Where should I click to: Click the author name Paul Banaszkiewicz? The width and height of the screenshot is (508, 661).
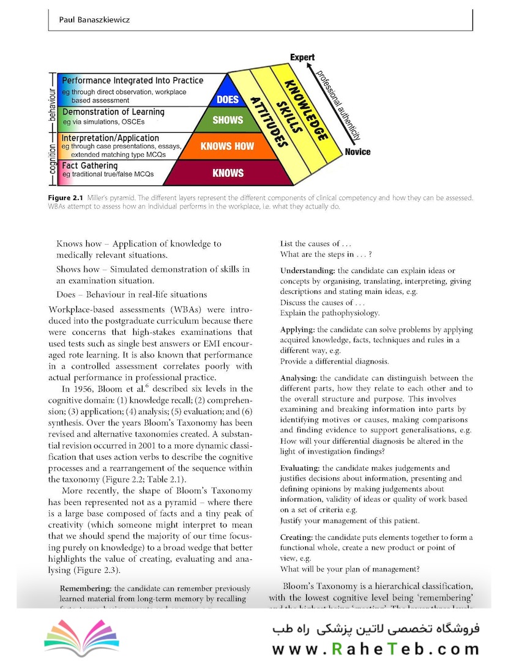(x=94, y=20)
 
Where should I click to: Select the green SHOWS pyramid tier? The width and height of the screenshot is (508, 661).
(x=228, y=120)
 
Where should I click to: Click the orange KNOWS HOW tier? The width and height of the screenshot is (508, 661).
(x=228, y=146)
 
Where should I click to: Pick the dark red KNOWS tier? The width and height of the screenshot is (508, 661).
(x=228, y=173)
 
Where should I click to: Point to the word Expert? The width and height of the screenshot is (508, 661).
(x=302, y=58)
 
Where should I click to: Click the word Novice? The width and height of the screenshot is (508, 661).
(x=357, y=152)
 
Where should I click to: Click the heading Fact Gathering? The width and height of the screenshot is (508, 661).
(x=89, y=166)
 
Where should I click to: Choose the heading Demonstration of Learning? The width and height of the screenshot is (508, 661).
(x=113, y=112)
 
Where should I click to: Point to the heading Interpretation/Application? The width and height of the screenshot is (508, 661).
(x=110, y=138)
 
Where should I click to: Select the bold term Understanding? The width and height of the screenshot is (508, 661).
(x=307, y=271)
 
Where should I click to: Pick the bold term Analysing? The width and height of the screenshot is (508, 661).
(x=298, y=378)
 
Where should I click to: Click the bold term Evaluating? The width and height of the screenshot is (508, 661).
(x=301, y=468)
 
